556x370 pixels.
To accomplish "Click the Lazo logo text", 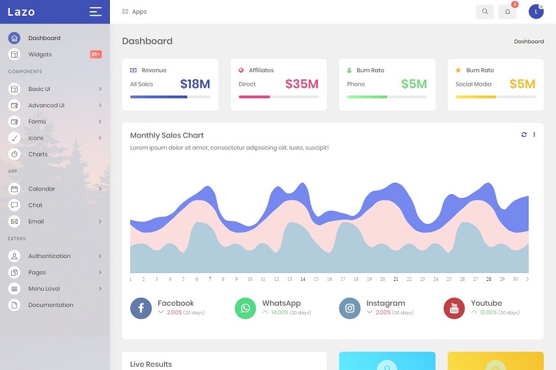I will pos(22,12).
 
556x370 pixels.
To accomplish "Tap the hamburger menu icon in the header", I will pos(96,11).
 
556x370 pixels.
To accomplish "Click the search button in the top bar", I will pos(485,11).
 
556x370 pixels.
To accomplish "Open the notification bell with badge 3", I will pos(508,11).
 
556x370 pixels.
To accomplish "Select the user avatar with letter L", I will pos(536,11).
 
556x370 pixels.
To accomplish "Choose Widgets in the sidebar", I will pos(40,54).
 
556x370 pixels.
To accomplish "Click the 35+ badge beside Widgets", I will pos(96,54).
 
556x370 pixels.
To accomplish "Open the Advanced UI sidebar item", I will pos(46,105).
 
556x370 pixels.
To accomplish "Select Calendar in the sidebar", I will pos(42,189).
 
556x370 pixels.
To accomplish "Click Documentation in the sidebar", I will pos(50,305).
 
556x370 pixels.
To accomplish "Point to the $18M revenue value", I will pos(195,84).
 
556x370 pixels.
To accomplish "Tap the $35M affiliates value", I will pos(302,84).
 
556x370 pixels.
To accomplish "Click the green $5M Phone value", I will pos(413,84).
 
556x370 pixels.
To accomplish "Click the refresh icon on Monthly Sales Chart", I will pos(524,135).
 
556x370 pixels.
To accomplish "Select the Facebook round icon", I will pos(141,308).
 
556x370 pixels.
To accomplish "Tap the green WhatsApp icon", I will pos(245,308).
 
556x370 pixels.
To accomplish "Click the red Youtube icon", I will pos(454,308).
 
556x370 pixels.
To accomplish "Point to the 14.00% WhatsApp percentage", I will pos(279,312).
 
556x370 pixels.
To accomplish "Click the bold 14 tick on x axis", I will pos(303,279).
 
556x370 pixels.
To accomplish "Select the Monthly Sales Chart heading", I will pos(167,136).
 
